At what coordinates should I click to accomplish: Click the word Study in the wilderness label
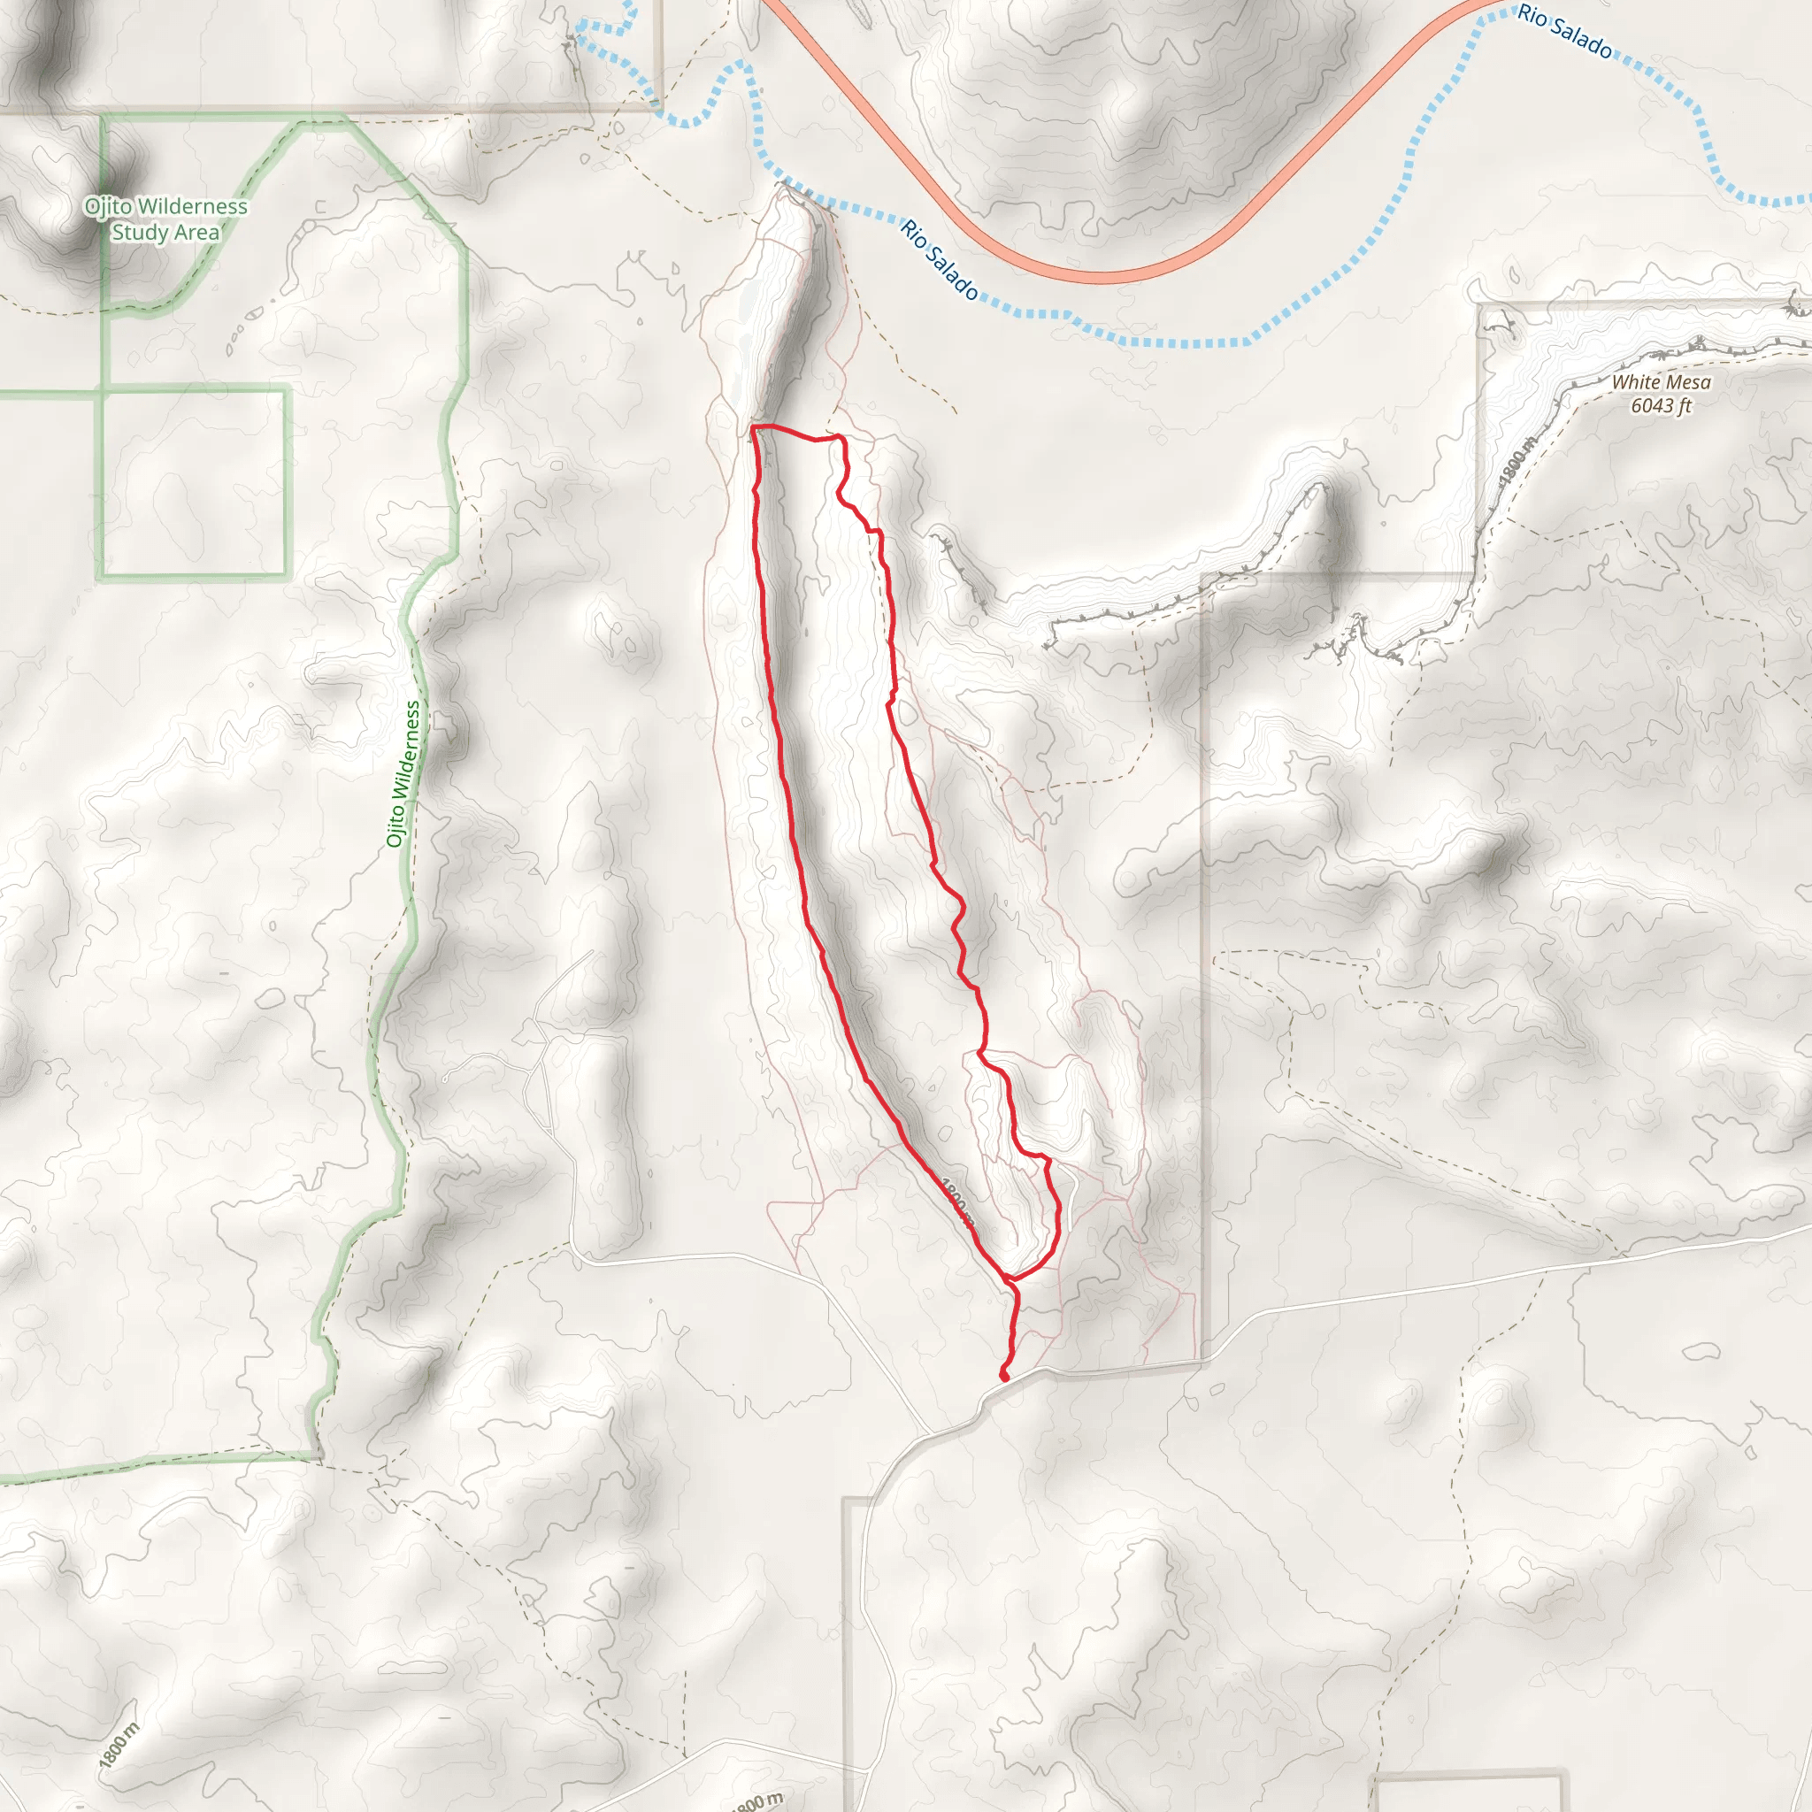click(x=138, y=233)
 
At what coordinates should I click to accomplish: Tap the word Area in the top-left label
click(x=194, y=233)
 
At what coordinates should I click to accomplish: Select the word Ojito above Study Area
click(x=108, y=206)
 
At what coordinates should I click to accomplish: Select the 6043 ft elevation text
click(x=1661, y=406)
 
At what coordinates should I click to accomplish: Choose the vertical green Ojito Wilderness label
click(x=404, y=774)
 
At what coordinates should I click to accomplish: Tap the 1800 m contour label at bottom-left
click(x=119, y=1745)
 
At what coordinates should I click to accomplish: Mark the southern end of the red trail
click(x=1004, y=1377)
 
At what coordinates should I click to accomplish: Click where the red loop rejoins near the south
click(x=1009, y=1278)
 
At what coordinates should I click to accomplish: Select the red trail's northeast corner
click(x=841, y=437)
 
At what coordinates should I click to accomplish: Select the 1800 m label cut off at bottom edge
click(x=756, y=1802)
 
